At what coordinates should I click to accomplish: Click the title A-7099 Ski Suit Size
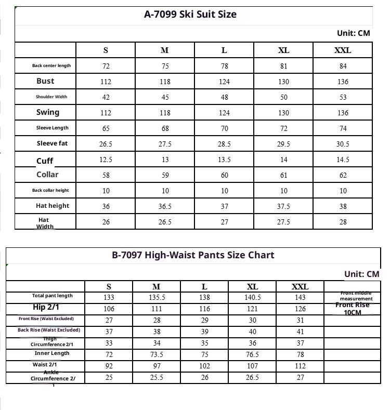coord(190,15)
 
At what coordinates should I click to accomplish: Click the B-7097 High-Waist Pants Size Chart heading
coord(193,255)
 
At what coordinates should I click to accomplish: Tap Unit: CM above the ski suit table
coord(354,33)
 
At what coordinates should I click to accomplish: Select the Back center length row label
coord(51,66)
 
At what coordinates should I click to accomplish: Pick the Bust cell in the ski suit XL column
coord(283,82)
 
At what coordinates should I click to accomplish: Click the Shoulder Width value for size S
coord(106,97)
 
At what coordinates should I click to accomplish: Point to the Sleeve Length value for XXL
coord(343,128)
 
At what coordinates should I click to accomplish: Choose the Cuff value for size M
coord(165,160)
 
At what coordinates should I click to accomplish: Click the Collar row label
coord(47,175)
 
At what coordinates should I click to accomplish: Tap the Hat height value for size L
coord(224,206)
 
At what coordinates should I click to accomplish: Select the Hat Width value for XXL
coord(343,222)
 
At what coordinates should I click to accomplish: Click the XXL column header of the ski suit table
coord(343,50)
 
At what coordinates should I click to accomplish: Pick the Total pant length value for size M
coord(157,298)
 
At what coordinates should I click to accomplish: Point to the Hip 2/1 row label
coord(46,307)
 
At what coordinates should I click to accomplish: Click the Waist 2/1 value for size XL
coord(252,365)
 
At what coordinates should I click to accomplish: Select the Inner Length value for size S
coord(109,354)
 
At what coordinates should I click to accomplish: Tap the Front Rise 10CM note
coord(353,309)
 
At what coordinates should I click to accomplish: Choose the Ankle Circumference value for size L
coord(204,377)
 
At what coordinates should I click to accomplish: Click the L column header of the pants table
coord(204,287)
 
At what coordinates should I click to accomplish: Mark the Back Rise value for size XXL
coord(300,332)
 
